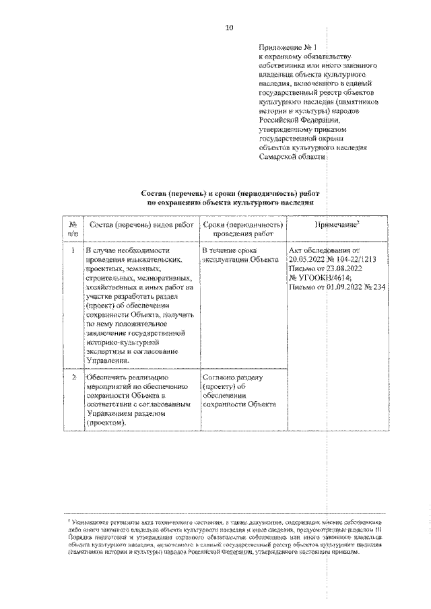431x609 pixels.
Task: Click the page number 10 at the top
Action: pos(229,28)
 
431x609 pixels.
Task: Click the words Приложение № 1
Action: pos(287,48)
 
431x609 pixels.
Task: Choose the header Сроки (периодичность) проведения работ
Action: pos(242,229)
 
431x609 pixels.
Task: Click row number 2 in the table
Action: pos(73,378)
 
